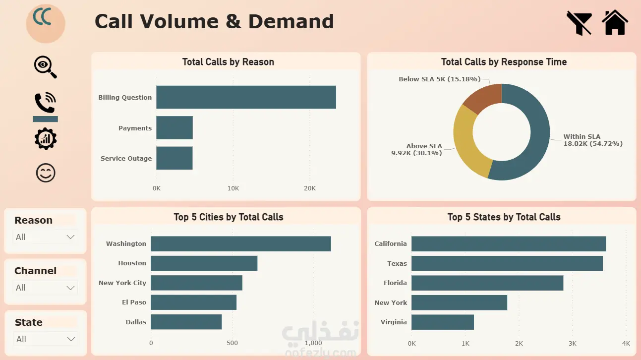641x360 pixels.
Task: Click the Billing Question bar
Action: pyautogui.click(x=246, y=97)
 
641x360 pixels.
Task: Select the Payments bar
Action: pyautogui.click(x=175, y=127)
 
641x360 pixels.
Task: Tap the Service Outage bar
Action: pyautogui.click(x=175, y=158)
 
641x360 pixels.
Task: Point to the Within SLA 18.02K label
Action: pyautogui.click(x=593, y=140)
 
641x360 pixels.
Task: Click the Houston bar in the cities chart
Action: pyautogui.click(x=204, y=263)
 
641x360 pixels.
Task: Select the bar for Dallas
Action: pyautogui.click(x=186, y=322)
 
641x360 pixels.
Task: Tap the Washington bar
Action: pyautogui.click(x=241, y=244)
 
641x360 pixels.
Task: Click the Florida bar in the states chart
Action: pyautogui.click(x=487, y=283)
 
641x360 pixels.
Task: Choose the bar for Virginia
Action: pyautogui.click(x=443, y=322)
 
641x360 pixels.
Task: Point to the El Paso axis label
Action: pyautogui.click(x=134, y=302)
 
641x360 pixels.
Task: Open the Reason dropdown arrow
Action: pyautogui.click(x=70, y=237)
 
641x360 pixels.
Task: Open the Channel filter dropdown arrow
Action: pyautogui.click(x=70, y=288)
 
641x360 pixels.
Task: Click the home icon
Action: pyautogui.click(x=615, y=22)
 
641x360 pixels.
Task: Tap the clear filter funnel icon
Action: pyautogui.click(x=579, y=23)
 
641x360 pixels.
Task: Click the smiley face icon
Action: pyautogui.click(x=46, y=173)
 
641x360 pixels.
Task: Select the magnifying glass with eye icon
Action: pyautogui.click(x=45, y=67)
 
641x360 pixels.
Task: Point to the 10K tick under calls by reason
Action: pyautogui.click(x=233, y=188)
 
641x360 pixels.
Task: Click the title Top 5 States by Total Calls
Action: pyautogui.click(x=504, y=217)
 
